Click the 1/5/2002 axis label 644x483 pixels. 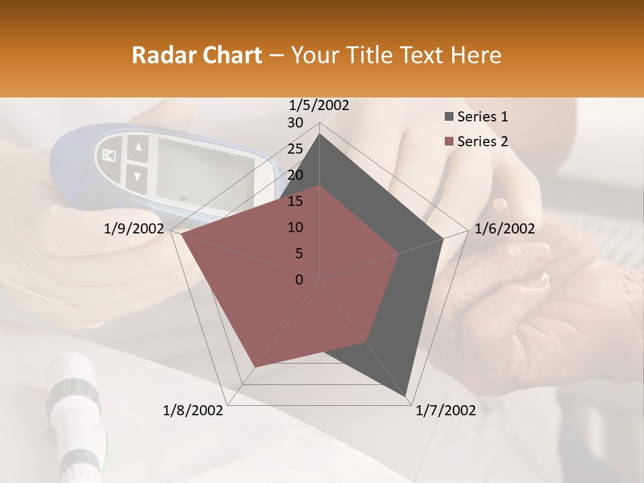[x=319, y=105]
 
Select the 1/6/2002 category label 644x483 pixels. [x=504, y=229]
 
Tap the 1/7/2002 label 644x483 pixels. [x=445, y=411]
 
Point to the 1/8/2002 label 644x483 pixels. [x=193, y=411]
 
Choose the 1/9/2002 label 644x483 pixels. [x=134, y=229]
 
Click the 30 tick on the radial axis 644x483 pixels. [x=295, y=123]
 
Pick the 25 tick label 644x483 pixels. [x=295, y=149]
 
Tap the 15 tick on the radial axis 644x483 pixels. [x=295, y=201]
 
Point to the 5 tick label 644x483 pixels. [x=299, y=254]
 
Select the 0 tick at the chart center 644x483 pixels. [x=299, y=280]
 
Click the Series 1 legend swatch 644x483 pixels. [x=449, y=117]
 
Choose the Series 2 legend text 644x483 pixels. [x=482, y=142]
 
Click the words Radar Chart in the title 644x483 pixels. [x=197, y=56]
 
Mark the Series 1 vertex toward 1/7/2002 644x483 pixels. [x=407, y=396]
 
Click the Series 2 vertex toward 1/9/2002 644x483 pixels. [x=181, y=234]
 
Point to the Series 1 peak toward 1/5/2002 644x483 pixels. [x=320, y=133]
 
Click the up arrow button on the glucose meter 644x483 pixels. [x=138, y=146]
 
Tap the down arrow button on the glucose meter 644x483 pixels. [x=137, y=176]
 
